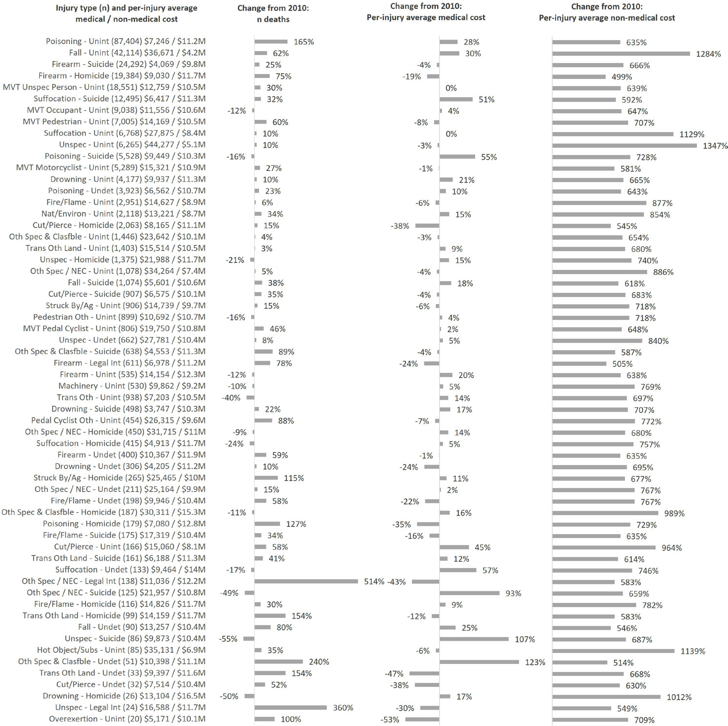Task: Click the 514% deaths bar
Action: (306, 581)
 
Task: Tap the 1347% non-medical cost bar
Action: (625, 145)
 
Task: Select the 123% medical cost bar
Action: (479, 662)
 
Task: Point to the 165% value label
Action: (303, 42)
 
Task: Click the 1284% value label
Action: (708, 54)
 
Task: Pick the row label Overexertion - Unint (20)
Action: (127, 719)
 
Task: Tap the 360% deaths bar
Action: (290, 707)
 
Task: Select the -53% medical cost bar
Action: (422, 719)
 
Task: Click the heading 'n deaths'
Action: (273, 20)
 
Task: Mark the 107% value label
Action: (525, 639)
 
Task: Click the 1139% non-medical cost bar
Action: (613, 651)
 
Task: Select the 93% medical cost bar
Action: (469, 593)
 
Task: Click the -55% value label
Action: (228, 639)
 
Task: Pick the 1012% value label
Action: (679, 697)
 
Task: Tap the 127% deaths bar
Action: (267, 524)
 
